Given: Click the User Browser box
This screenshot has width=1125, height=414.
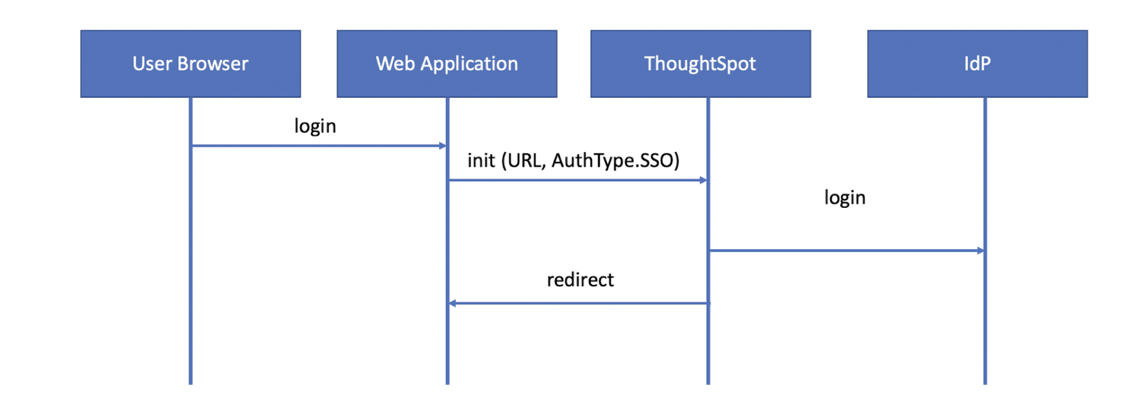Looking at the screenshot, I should pos(190,64).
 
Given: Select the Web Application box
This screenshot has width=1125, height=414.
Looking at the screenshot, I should pos(447,64).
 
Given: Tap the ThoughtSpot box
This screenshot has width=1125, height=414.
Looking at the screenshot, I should pos(700,64).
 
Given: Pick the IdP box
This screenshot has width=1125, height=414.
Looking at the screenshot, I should pos(977,64).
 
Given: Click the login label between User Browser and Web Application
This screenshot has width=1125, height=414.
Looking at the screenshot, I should pos(315,126).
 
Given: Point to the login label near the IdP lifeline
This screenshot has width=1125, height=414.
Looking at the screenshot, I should pos(844,198).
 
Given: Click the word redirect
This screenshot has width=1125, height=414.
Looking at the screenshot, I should pos(580,280).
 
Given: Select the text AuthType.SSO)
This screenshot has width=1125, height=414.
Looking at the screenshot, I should pos(615,161).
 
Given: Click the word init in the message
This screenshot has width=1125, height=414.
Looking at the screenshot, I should pos(481,161).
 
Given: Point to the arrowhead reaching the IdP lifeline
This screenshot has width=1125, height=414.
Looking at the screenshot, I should pos(980,250).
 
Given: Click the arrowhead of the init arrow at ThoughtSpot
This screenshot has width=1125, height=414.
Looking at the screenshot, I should pos(703,180).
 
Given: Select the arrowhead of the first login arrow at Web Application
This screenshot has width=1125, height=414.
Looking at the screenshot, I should pos(443,145).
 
